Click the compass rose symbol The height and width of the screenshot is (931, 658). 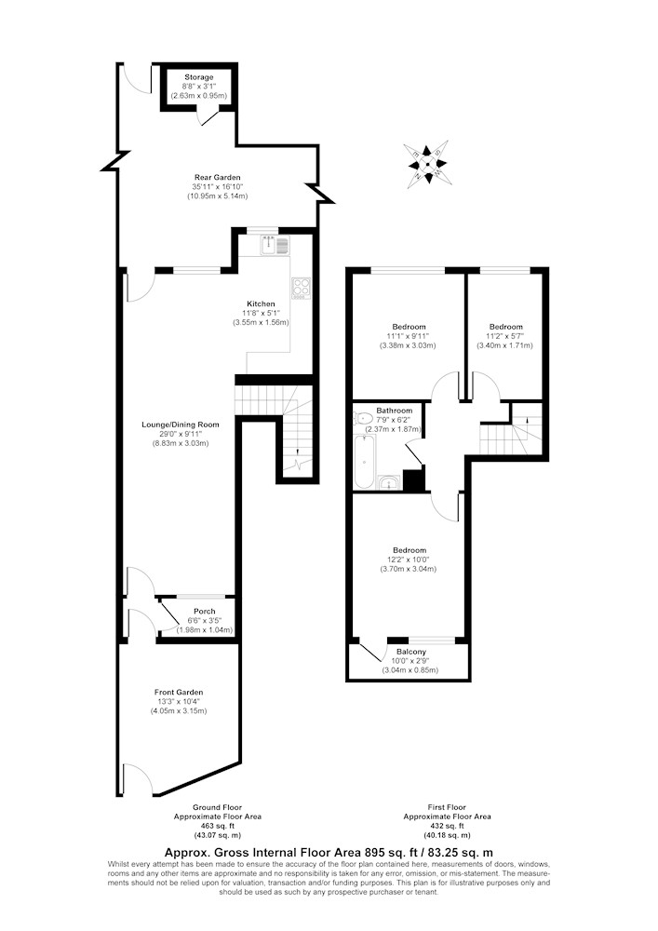tap(424, 164)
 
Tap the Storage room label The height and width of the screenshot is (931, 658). tap(199, 77)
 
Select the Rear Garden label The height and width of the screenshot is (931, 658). tap(218, 177)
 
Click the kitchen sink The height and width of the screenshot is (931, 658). tap(275, 244)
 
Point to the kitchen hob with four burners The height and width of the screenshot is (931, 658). tap(301, 290)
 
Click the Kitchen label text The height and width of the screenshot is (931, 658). tap(262, 304)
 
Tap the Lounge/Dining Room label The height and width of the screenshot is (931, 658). tap(181, 425)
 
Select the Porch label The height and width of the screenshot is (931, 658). tap(205, 611)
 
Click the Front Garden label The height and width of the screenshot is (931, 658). tap(179, 693)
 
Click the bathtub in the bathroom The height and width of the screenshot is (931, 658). tap(364, 462)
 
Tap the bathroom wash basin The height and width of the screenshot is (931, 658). tap(389, 482)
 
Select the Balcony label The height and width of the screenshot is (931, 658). tap(411, 652)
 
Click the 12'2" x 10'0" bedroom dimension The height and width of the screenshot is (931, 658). tap(409, 560)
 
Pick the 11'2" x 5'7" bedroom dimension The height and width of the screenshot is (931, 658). tap(506, 336)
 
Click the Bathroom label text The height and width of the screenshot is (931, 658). tap(394, 411)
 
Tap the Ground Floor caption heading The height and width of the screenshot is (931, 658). tap(217, 807)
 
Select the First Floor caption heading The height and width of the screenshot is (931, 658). tap(447, 807)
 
